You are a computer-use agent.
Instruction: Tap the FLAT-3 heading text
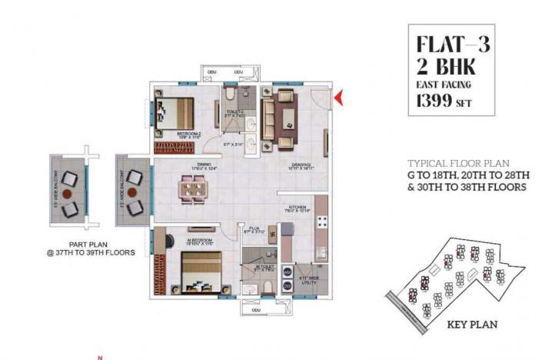pyautogui.click(x=452, y=43)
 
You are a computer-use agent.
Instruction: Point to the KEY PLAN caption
pyautogui.click(x=473, y=325)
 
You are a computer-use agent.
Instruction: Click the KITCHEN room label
pyautogui.click(x=299, y=206)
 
